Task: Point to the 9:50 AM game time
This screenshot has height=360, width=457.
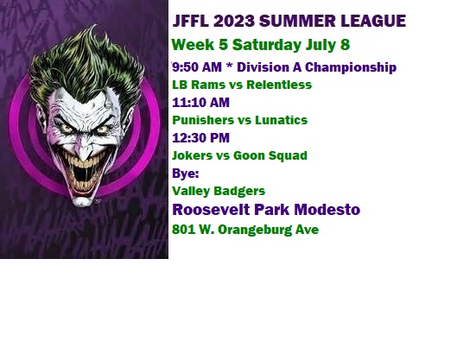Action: pyautogui.click(x=197, y=67)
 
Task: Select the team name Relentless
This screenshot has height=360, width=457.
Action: pyautogui.click(x=279, y=85)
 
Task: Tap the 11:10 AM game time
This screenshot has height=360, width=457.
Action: pyautogui.click(x=200, y=103)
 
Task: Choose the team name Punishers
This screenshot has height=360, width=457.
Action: pyautogui.click(x=199, y=120)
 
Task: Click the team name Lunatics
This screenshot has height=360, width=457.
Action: pyautogui.click(x=282, y=120)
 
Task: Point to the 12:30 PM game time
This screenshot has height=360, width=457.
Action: pyautogui.click(x=200, y=138)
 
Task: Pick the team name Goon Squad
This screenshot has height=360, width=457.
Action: pyautogui.click(x=270, y=155)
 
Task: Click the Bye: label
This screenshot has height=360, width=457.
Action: pyautogui.click(x=186, y=174)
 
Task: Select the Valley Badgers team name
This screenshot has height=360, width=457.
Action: pyautogui.click(x=219, y=191)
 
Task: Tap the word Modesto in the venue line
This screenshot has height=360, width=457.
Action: pyautogui.click(x=327, y=210)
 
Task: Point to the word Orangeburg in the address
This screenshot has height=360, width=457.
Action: pyautogui.click(x=255, y=231)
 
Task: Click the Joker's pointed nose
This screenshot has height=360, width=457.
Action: pyautogui.click(x=84, y=150)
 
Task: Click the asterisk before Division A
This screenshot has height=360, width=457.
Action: pyautogui.click(x=230, y=66)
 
